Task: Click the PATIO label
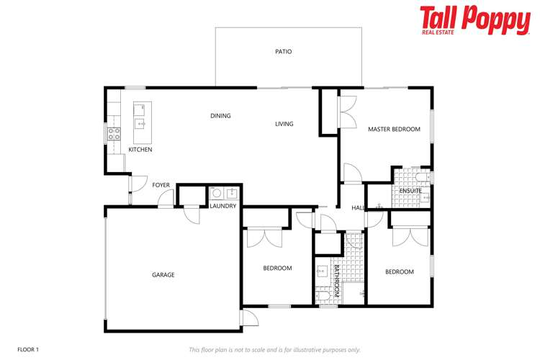pos(283,52)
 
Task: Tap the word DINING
pos(220,115)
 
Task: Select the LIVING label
pos(284,124)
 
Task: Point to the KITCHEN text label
pos(140,150)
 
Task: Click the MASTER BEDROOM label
pos(394,130)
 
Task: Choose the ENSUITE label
pos(411,190)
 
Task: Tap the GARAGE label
pos(163,275)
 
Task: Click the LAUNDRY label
pos(223,206)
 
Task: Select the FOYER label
pos(161,185)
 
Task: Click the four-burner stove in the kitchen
pos(114,133)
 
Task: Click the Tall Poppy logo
pos(474,20)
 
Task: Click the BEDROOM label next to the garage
pos(277,269)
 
